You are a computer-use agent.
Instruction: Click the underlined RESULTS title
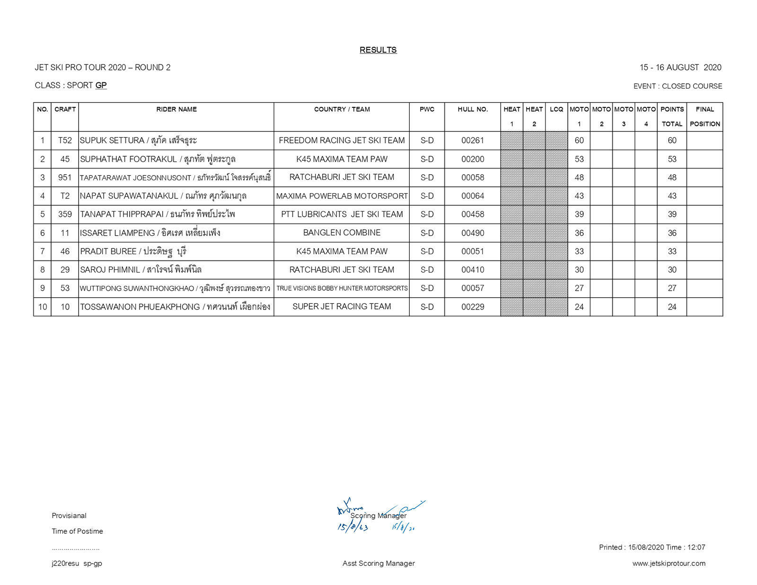[x=378, y=50]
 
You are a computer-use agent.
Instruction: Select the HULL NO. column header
[x=472, y=109]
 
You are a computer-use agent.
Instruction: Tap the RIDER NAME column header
[x=176, y=109]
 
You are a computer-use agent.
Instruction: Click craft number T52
[x=65, y=141]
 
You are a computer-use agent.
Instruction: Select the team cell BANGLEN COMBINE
[x=342, y=233]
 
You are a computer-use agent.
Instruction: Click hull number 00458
[x=473, y=214]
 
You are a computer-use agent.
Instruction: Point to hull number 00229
[x=473, y=307]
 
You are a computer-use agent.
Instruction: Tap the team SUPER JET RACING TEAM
[x=342, y=307]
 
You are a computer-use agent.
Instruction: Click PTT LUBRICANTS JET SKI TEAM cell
[x=342, y=214]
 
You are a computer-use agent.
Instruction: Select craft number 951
[x=65, y=177]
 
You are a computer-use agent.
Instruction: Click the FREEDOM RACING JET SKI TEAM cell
[x=342, y=141]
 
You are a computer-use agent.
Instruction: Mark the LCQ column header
[x=556, y=109]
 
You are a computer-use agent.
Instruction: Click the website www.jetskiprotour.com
[x=669, y=563]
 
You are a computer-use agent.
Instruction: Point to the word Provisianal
[x=69, y=515]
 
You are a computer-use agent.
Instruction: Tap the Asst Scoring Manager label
[x=378, y=563]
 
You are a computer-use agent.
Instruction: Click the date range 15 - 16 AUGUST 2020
[x=680, y=67]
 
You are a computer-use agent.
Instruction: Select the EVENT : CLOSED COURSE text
[x=678, y=86]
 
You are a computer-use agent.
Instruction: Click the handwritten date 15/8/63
[x=352, y=527]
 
